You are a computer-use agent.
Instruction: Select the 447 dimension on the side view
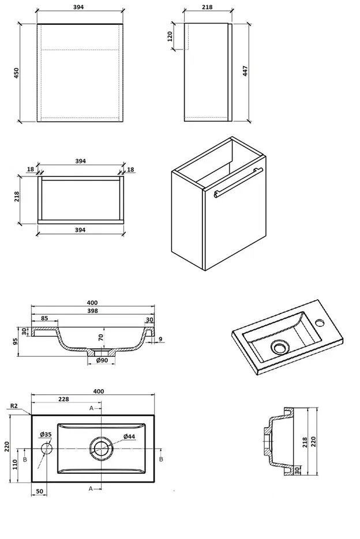click(246, 71)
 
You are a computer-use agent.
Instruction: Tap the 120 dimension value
click(170, 37)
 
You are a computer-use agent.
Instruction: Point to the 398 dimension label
click(92, 311)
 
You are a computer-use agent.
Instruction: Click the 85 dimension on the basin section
click(44, 319)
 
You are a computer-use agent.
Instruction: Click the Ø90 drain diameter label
click(102, 361)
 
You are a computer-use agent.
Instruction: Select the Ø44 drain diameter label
click(129, 436)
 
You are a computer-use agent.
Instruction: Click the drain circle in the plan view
click(101, 448)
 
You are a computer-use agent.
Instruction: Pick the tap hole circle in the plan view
click(47, 448)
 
